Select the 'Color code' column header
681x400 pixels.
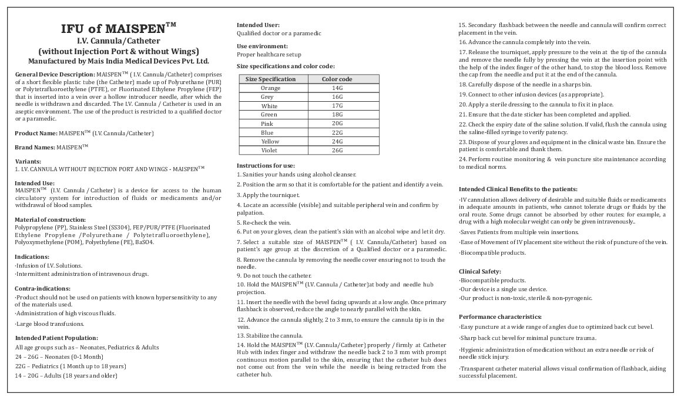(x=337, y=79)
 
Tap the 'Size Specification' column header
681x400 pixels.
(x=270, y=79)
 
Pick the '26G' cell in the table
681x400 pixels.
(x=337, y=151)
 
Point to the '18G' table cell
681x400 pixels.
(x=337, y=115)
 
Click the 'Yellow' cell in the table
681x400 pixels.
(x=270, y=142)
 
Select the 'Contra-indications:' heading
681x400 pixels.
(x=42, y=288)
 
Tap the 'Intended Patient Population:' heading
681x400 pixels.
(x=56, y=338)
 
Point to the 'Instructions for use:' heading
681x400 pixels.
(x=266, y=165)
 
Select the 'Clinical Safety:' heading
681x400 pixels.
(x=480, y=271)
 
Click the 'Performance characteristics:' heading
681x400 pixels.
(x=500, y=316)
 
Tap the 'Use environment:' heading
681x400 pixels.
(x=262, y=46)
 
